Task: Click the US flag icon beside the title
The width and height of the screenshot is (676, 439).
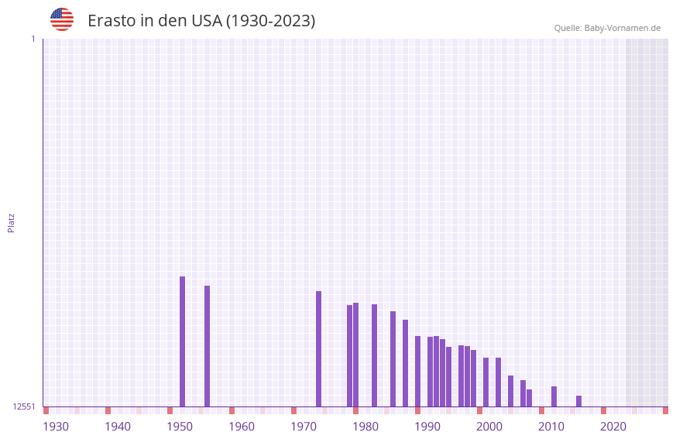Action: click(62, 19)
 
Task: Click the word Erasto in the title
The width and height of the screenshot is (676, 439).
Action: click(112, 21)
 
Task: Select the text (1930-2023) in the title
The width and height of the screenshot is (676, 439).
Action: click(270, 21)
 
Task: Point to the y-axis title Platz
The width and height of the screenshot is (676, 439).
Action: click(11, 222)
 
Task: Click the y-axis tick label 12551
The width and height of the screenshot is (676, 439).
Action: click(24, 406)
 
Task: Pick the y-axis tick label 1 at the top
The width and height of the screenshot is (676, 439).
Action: click(33, 39)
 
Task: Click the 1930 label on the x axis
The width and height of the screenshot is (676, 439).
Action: click(56, 427)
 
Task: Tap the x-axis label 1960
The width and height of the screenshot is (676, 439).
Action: click(242, 427)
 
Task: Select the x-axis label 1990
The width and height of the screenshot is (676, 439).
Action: click(427, 427)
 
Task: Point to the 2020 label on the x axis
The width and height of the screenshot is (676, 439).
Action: click(613, 427)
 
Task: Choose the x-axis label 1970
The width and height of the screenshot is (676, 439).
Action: click(304, 427)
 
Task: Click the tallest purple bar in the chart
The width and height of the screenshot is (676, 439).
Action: click(182, 341)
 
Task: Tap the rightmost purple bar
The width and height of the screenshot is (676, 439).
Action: click(578, 401)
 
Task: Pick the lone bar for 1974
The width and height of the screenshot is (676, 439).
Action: click(318, 348)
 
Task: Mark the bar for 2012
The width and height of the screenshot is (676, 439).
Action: click(554, 396)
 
